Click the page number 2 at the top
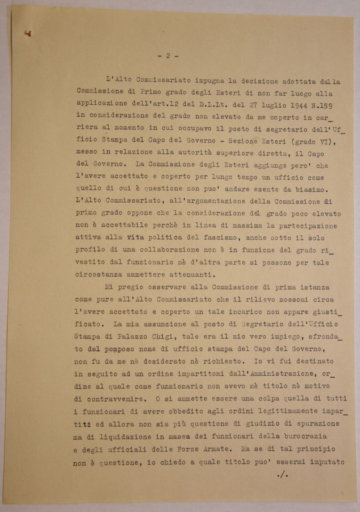pyautogui.click(x=168, y=56)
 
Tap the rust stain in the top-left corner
pyautogui.click(x=27, y=34)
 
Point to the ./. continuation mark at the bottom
pyautogui.click(x=283, y=475)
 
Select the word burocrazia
pyautogui.click(x=305, y=436)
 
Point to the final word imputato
pyautogui.click(x=327, y=462)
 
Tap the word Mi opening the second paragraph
pyautogui.click(x=109, y=287)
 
